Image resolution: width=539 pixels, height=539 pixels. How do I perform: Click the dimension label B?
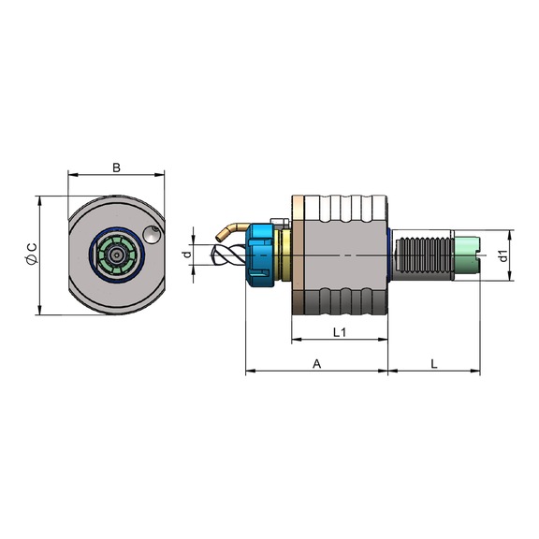click(x=116, y=168)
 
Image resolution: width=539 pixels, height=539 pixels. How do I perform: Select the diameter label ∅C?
click(x=31, y=255)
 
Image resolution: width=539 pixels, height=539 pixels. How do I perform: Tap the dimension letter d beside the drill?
click(x=186, y=254)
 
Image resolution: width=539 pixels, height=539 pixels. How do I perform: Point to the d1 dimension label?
click(x=504, y=255)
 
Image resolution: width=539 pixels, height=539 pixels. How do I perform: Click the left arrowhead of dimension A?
click(x=249, y=371)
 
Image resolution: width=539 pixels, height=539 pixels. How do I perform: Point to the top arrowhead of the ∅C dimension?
click(x=40, y=199)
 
